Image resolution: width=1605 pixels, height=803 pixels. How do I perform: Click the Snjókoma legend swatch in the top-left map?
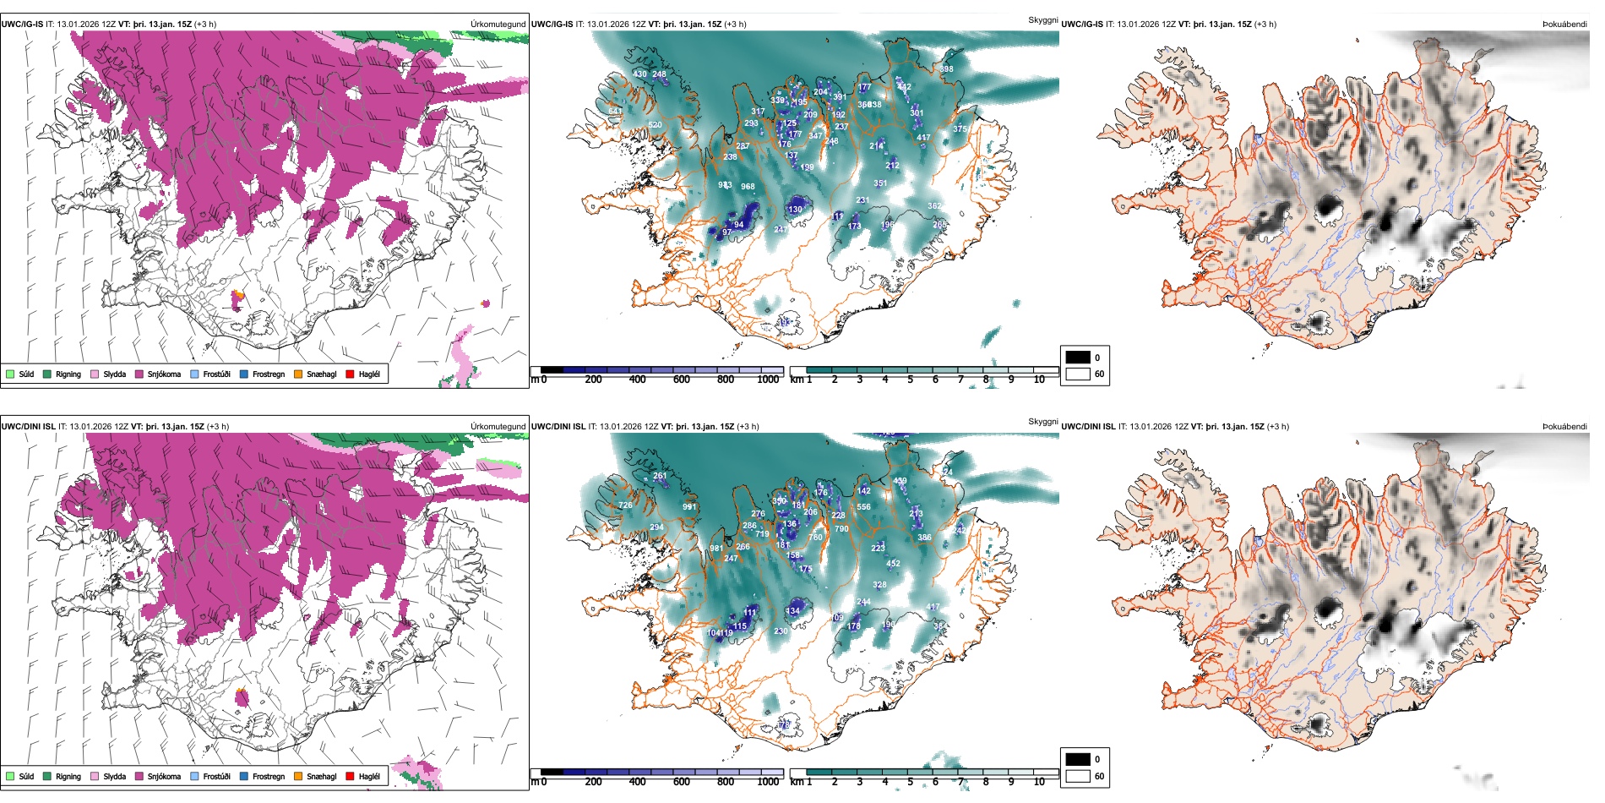coord(139,374)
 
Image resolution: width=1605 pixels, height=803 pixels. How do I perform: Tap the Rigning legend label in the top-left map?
coord(68,374)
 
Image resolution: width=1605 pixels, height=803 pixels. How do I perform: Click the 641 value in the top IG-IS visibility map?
coord(615,112)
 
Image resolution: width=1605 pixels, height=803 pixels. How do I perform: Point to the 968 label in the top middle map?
coord(748,187)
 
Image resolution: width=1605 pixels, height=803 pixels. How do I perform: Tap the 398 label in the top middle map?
coord(946,69)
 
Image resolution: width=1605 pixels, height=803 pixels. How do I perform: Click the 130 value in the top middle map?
coord(795,210)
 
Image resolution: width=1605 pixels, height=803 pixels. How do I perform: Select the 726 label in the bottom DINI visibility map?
coord(625,505)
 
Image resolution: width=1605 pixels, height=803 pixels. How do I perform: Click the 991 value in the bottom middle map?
coord(689,507)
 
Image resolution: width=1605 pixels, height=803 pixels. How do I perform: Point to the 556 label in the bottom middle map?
coord(863,507)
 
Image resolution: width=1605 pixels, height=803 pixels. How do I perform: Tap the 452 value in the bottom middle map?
coord(893,563)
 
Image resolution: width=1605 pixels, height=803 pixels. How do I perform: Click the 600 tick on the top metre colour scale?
coord(681,380)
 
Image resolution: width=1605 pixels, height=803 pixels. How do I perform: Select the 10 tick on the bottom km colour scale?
coord(1039,782)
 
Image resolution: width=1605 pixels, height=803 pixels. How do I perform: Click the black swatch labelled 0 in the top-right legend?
coord(1078,358)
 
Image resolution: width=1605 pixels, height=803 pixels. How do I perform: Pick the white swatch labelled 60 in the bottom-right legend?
coord(1078,776)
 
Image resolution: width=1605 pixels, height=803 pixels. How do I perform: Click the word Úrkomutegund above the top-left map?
coord(498,25)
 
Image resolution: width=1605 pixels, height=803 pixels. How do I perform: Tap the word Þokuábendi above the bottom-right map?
coord(1564,427)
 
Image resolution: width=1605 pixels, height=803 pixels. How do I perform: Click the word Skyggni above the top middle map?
coord(1042,20)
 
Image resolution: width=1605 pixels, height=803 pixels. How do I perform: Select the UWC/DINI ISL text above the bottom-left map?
coord(28,427)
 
